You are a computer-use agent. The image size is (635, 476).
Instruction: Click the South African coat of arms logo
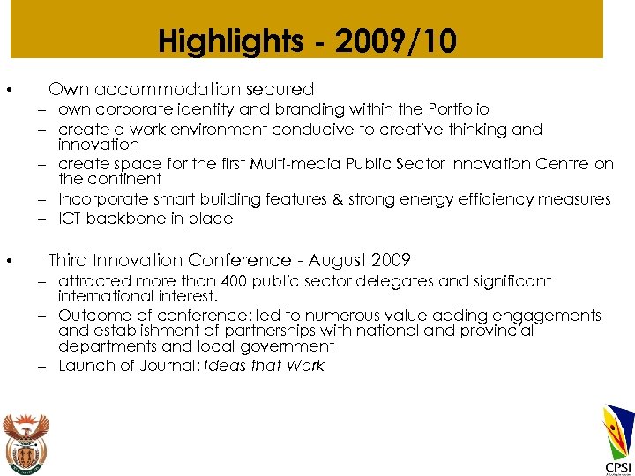coord(26,442)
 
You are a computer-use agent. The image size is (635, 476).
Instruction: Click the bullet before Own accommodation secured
coord(7,91)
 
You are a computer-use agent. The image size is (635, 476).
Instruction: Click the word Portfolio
coord(459,109)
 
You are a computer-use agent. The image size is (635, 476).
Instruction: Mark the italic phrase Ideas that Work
coord(265,366)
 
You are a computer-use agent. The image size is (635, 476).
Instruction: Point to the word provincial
coord(500,331)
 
